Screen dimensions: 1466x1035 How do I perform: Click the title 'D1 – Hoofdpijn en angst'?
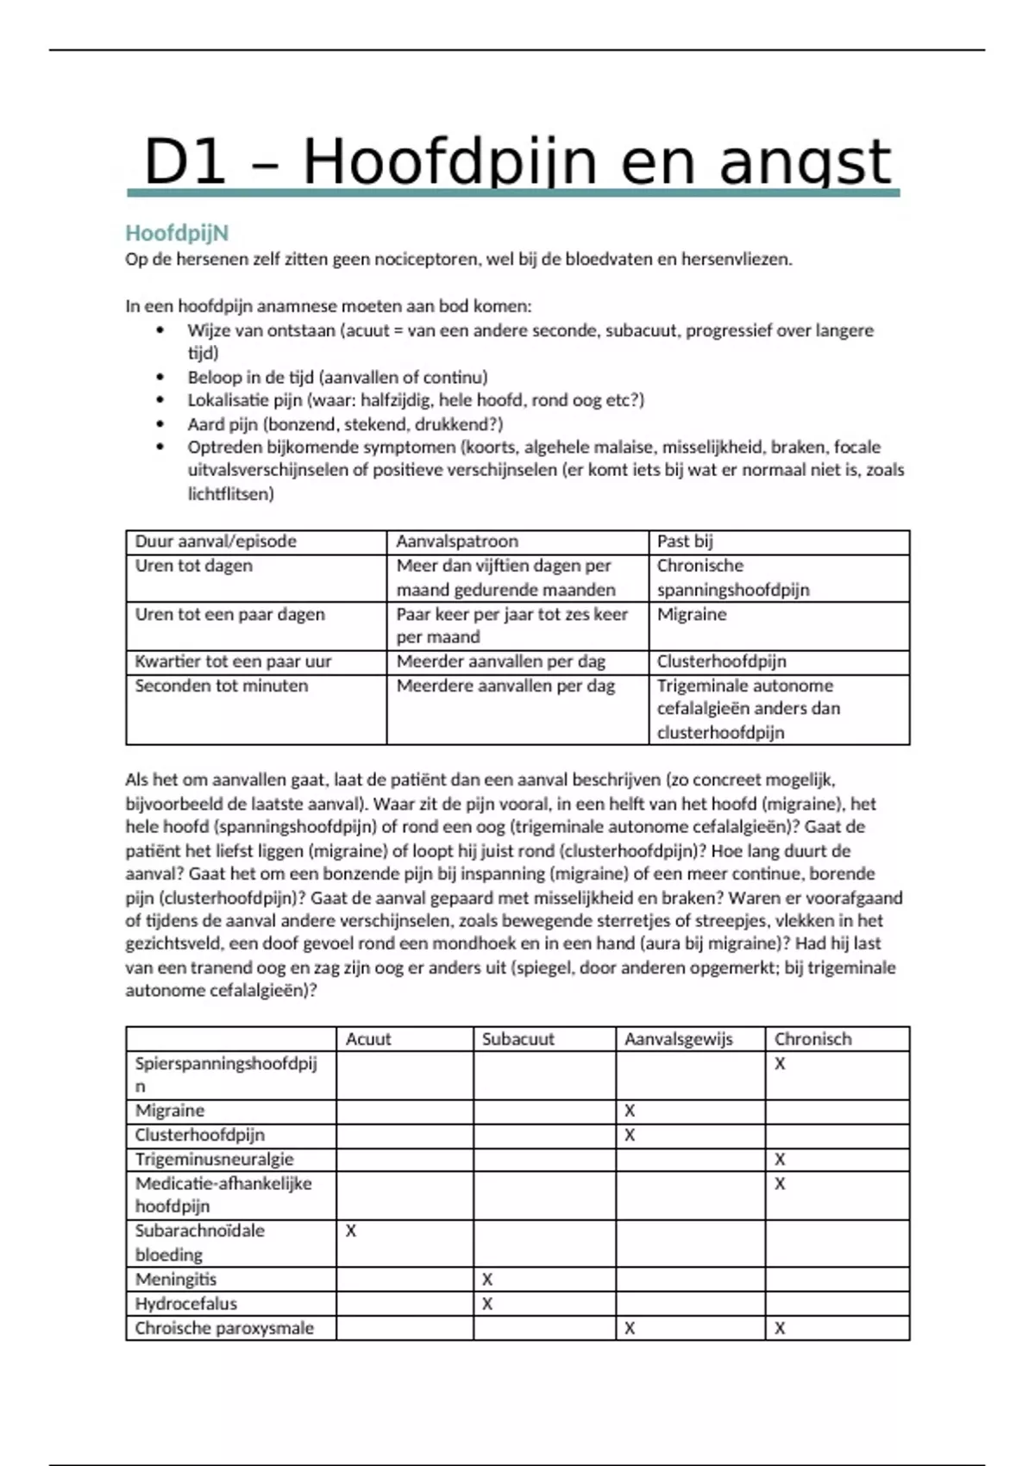(x=516, y=162)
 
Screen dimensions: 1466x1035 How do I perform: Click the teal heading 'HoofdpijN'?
(x=177, y=233)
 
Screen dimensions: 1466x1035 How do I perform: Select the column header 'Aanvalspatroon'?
(x=457, y=542)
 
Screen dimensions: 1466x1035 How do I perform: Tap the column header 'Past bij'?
(x=685, y=542)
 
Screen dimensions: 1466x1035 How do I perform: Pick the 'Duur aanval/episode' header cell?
(x=216, y=542)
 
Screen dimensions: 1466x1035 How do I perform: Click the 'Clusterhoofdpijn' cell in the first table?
(x=721, y=661)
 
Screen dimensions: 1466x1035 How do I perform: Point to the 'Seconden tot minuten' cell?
(x=221, y=686)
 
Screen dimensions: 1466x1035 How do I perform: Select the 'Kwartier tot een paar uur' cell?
(x=233, y=661)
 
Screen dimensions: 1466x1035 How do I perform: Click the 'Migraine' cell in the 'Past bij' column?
(x=692, y=614)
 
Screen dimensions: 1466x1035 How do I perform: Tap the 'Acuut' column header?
(x=368, y=1039)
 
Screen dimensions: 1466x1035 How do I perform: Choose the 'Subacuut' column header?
(x=517, y=1039)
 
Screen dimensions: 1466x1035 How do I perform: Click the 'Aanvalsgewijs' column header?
(x=679, y=1039)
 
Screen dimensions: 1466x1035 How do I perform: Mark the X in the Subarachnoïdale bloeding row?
(x=351, y=1231)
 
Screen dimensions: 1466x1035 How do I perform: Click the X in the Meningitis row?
(x=487, y=1280)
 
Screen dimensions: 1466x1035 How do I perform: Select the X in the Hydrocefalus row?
(x=487, y=1304)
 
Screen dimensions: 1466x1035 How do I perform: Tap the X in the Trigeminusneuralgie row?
(x=780, y=1160)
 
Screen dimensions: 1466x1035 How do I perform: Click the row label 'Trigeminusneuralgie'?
(x=214, y=1160)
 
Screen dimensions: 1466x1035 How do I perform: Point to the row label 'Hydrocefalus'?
(x=185, y=1304)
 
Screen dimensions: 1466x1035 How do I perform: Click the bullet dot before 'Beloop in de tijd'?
(x=160, y=377)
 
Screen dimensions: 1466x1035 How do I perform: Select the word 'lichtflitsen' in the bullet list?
(x=230, y=494)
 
